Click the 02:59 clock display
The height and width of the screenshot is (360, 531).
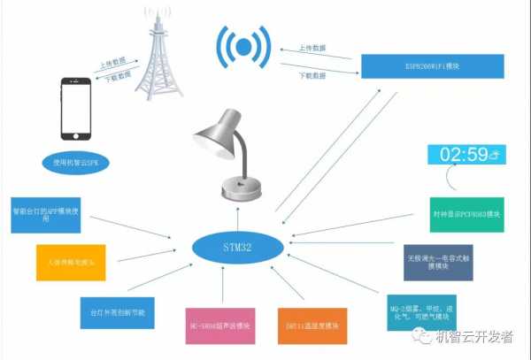466,155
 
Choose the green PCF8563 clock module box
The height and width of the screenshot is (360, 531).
461,215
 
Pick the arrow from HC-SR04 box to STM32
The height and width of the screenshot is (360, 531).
223,283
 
